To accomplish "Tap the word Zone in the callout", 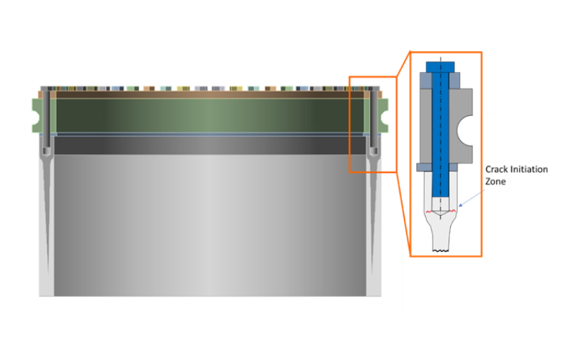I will click(496, 181).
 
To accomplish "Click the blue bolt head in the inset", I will click(439, 66).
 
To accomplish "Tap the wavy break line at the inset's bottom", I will click(441, 250).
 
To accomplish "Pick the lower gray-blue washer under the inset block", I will click(438, 167).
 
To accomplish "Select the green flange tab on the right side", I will click(384, 114).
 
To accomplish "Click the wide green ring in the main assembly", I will click(209, 114).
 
